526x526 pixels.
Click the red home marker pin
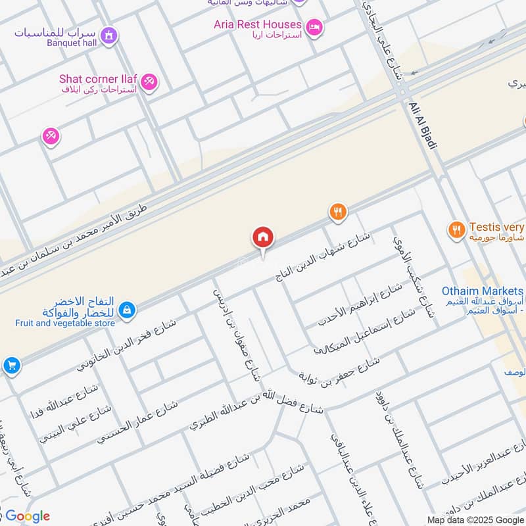[263, 237]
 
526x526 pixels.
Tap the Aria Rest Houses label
[257, 24]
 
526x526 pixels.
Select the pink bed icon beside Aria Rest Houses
[316, 27]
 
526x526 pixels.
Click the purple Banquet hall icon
[110, 35]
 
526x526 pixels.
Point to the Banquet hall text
[72, 45]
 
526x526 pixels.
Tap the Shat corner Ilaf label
[98, 79]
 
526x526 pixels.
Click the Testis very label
[496, 227]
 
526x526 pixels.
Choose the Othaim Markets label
[483, 291]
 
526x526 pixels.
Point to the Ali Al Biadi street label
[423, 124]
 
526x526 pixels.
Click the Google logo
[28, 516]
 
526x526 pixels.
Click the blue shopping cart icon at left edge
[11, 366]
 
